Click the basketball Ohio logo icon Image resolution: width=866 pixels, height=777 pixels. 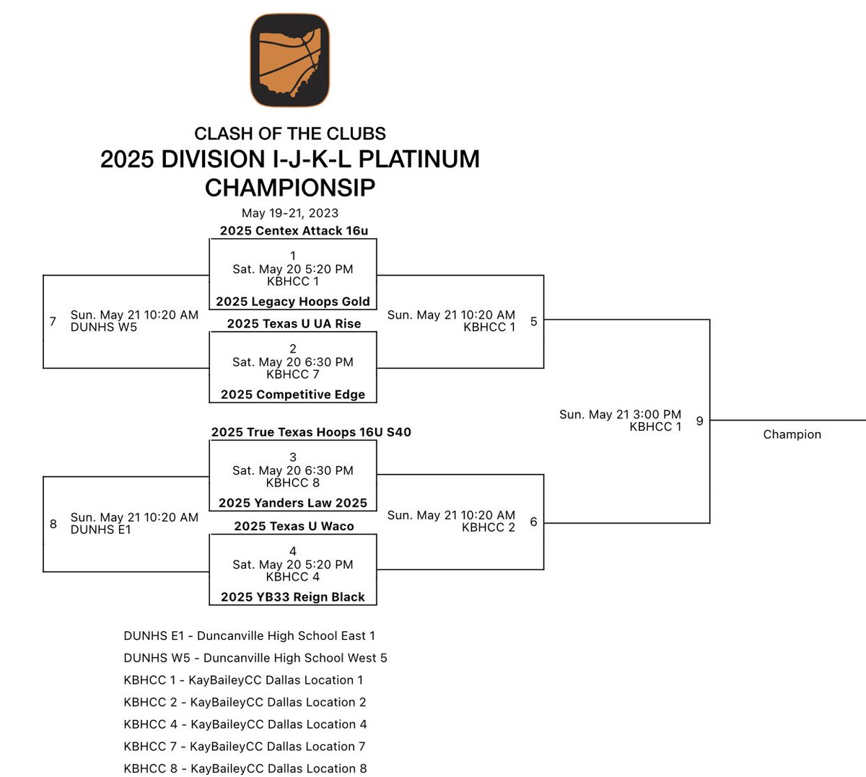click(290, 60)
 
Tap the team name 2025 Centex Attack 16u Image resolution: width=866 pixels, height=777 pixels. click(294, 231)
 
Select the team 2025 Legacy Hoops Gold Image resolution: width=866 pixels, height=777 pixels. click(293, 302)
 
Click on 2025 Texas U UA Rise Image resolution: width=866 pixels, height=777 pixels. click(294, 324)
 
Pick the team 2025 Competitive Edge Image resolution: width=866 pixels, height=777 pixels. click(293, 395)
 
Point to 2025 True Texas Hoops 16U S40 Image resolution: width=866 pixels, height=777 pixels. click(311, 432)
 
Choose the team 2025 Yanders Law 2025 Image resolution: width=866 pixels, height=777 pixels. click(293, 503)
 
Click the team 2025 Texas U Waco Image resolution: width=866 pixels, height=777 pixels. click(294, 527)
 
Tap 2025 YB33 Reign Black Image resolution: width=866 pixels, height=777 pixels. click(293, 597)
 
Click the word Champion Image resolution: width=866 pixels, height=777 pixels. click(792, 434)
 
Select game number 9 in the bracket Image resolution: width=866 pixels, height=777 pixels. click(699, 421)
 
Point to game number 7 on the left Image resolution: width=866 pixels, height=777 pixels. click(53, 321)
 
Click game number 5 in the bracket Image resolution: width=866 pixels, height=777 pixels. click(533, 321)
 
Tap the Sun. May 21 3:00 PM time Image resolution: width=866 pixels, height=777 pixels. click(620, 415)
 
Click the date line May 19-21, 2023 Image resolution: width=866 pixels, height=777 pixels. click(290, 213)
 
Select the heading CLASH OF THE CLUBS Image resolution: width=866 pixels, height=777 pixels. click(290, 133)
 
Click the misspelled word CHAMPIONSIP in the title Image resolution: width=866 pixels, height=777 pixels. click(290, 188)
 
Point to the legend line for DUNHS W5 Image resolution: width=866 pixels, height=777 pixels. click(255, 658)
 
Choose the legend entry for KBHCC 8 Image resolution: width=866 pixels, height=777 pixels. click(245, 768)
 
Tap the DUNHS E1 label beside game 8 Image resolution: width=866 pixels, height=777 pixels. click(101, 530)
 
